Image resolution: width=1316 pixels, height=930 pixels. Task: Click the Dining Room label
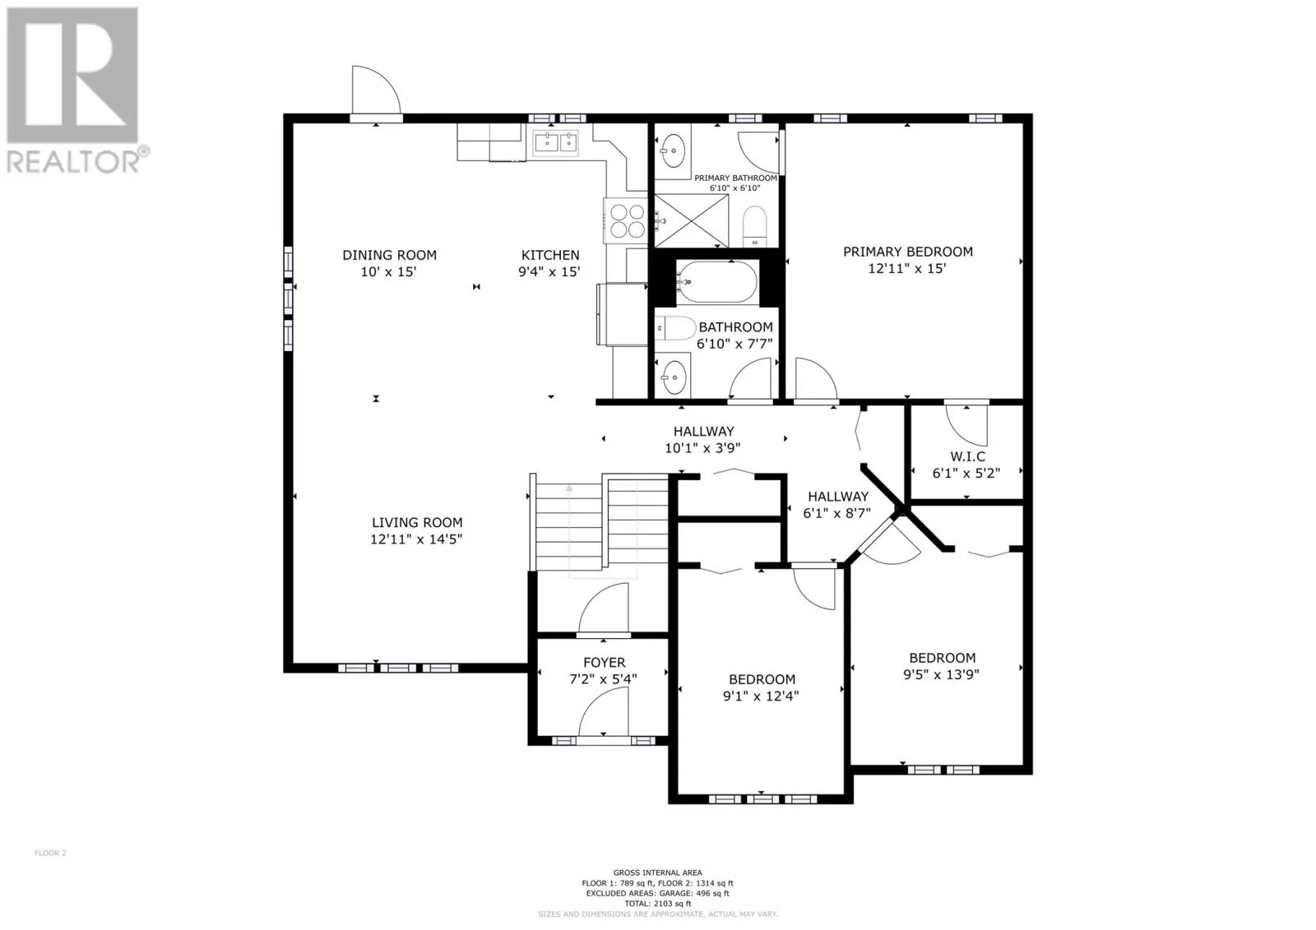389,255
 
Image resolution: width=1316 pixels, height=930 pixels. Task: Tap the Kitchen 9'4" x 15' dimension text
549,271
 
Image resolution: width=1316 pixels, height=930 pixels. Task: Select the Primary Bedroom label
908,252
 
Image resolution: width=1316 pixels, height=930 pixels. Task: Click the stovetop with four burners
626,220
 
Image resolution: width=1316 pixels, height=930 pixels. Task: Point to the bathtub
716,283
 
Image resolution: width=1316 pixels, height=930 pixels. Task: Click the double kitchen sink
555,143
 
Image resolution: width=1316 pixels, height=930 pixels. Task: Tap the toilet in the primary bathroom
755,226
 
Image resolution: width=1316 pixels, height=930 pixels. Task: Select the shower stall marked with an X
692,221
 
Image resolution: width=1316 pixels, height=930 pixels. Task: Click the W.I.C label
967,456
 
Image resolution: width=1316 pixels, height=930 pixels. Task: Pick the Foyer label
604,663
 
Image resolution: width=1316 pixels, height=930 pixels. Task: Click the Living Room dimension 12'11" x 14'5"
416,539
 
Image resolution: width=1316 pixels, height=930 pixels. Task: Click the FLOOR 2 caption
50,853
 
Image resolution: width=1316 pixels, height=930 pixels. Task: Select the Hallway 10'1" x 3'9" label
703,439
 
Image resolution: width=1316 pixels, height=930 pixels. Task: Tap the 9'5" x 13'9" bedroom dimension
941,674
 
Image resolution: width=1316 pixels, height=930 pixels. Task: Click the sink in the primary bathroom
673,151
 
